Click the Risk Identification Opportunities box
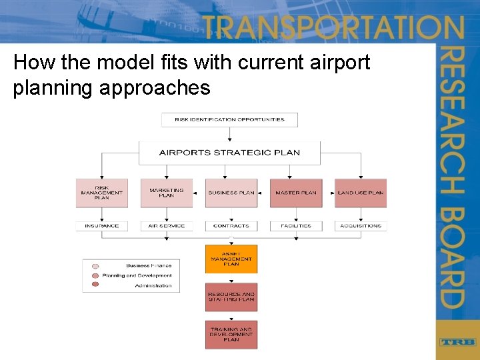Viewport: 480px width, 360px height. (x=229, y=120)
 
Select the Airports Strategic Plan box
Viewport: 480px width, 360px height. (x=229, y=153)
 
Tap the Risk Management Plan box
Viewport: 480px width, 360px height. (x=101, y=193)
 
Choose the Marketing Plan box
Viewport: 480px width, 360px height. (x=166, y=193)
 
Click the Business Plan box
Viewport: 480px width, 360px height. (x=231, y=193)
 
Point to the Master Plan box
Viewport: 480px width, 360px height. (x=296, y=193)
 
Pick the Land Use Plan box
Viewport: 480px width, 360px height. (x=361, y=193)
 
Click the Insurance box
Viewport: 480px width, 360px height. (x=101, y=226)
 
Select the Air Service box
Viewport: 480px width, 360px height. (x=166, y=226)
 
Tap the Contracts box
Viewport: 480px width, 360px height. (x=231, y=226)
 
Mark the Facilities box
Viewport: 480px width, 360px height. (x=296, y=226)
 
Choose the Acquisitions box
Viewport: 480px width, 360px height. (x=361, y=226)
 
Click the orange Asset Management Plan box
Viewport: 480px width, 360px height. (x=231, y=259)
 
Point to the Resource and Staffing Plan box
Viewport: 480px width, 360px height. (x=231, y=297)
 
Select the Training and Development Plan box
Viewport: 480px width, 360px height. (x=231, y=335)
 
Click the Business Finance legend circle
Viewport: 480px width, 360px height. (x=95, y=266)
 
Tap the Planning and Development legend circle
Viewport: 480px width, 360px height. (x=95, y=275)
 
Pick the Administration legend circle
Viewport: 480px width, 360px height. (x=95, y=285)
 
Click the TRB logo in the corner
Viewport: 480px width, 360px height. (x=457, y=342)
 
